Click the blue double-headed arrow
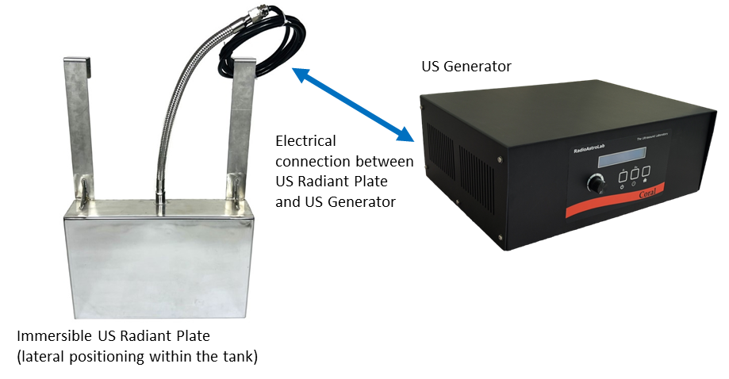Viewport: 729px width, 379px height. click(354, 104)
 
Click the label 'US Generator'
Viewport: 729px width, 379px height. click(466, 66)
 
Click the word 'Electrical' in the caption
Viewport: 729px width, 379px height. click(305, 141)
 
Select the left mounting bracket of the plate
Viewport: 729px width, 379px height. click(79, 127)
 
